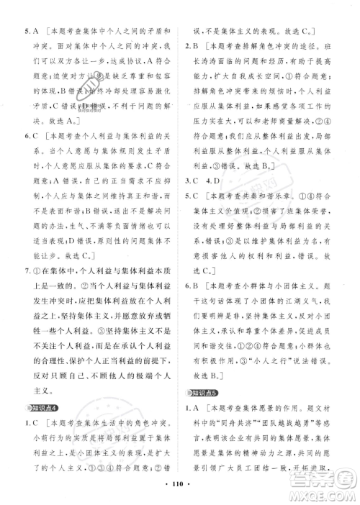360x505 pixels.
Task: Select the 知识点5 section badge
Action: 204,392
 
